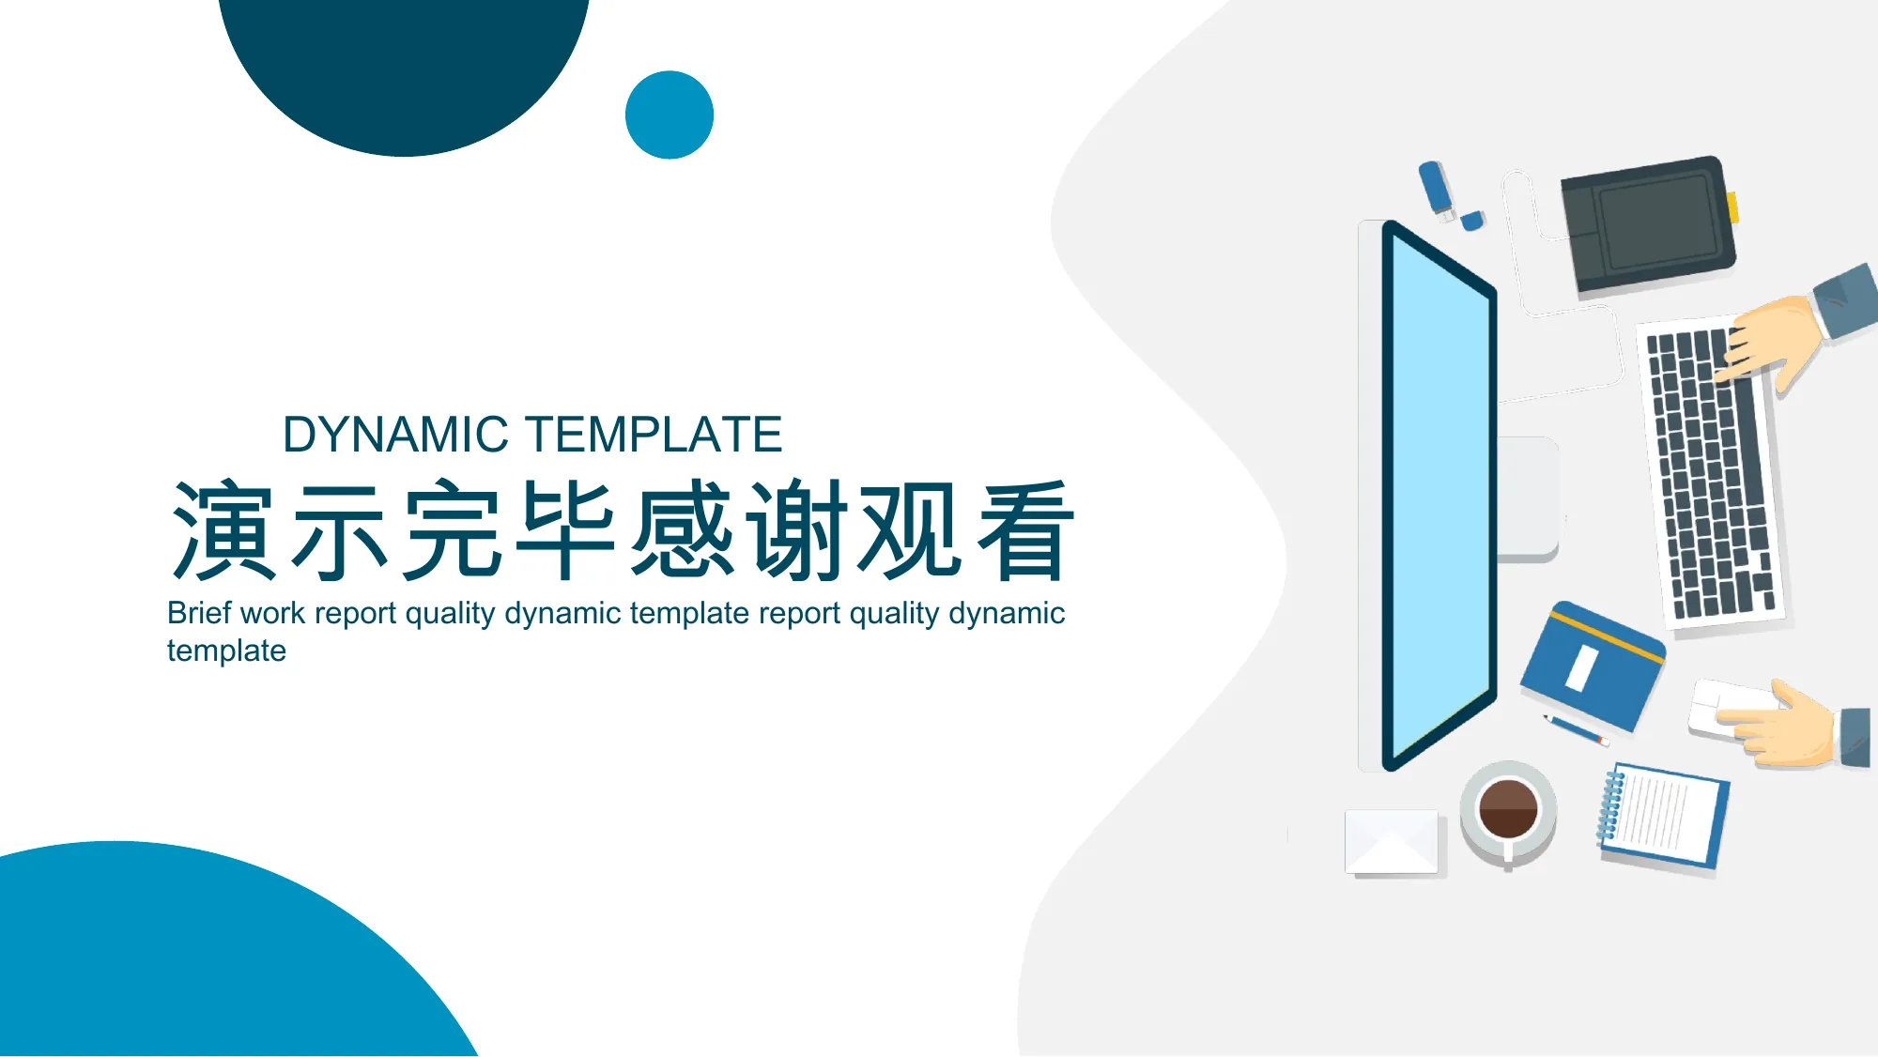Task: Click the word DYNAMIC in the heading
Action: [395, 435]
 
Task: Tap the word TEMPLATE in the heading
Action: [654, 435]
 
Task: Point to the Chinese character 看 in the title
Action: [1024, 530]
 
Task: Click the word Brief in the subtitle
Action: [199, 613]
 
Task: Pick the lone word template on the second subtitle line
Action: [226, 651]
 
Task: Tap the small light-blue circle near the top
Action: [670, 115]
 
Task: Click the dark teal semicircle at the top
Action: [404, 66]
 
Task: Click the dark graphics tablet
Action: [1649, 224]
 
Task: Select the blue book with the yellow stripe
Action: [1593, 666]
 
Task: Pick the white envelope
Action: [1392, 842]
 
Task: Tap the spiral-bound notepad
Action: [1662, 814]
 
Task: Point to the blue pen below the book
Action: [1577, 729]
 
